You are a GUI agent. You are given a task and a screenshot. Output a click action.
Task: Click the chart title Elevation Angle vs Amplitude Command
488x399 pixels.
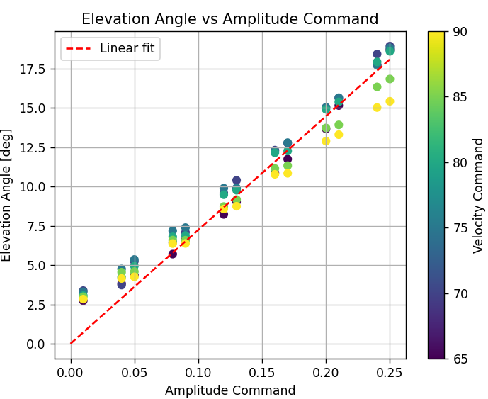(x=229, y=19)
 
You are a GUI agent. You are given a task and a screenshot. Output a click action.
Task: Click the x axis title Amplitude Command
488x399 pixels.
(x=229, y=390)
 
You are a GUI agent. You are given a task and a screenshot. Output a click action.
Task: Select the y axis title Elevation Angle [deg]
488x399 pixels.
(x=8, y=195)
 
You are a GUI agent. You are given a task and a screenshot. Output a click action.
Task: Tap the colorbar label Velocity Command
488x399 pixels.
(x=479, y=195)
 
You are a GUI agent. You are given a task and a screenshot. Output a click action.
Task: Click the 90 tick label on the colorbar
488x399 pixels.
(x=460, y=31)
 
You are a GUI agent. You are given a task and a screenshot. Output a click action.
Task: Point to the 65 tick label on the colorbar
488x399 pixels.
(x=460, y=359)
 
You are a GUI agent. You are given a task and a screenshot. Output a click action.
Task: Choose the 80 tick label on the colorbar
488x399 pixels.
(x=460, y=162)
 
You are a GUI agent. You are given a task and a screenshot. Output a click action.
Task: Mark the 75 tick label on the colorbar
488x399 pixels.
(x=460, y=227)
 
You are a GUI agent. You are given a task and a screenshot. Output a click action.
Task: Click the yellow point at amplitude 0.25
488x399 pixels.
(x=390, y=101)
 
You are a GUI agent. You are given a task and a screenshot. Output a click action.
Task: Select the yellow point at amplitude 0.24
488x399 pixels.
(x=377, y=108)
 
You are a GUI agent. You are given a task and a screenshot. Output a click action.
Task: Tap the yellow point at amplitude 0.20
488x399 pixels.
(x=326, y=141)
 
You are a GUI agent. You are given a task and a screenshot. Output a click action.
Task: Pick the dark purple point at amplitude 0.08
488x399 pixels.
(x=172, y=254)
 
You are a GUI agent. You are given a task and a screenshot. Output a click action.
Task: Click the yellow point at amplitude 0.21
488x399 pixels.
(x=339, y=135)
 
